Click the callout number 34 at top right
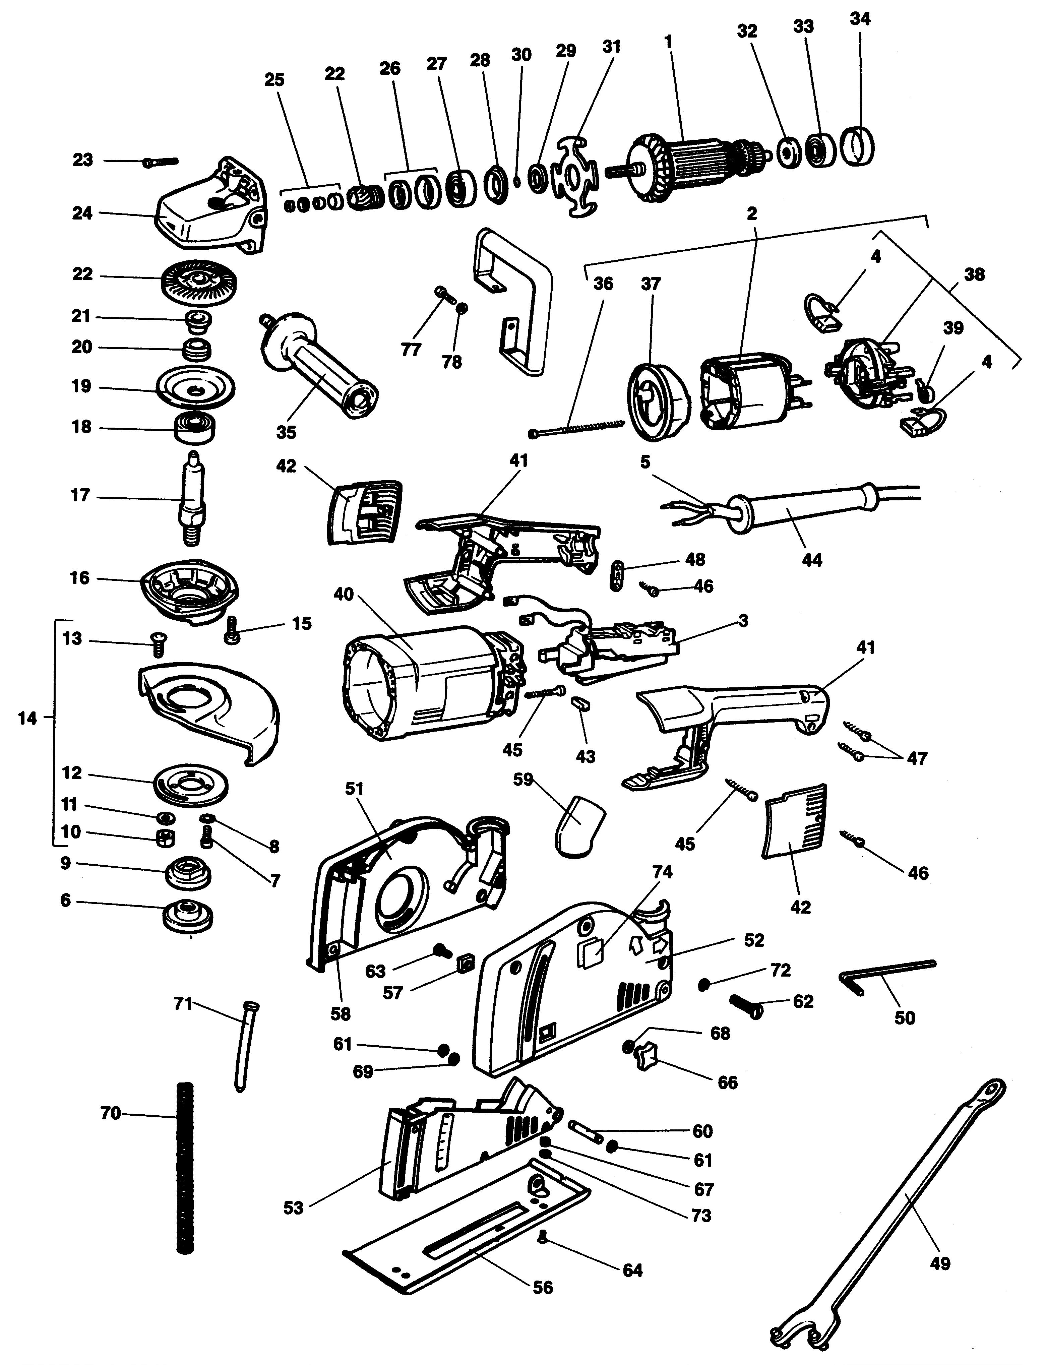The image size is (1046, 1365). tap(860, 19)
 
